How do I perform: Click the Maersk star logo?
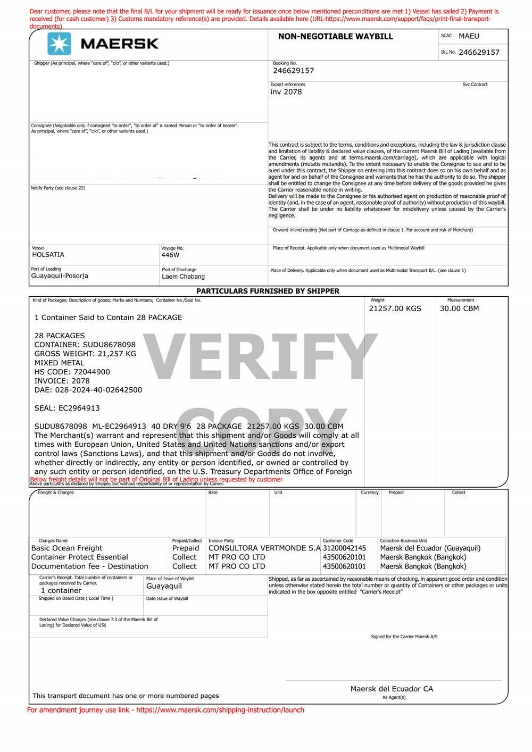pyautogui.click(x=59, y=44)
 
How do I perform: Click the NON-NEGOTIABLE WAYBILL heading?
pyautogui.click(x=335, y=37)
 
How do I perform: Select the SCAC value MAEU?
pyautogui.click(x=469, y=36)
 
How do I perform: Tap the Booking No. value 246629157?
pyautogui.click(x=293, y=71)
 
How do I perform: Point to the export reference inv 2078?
pyautogui.click(x=286, y=92)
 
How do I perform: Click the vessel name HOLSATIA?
pyautogui.click(x=48, y=255)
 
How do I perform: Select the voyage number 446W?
pyautogui.click(x=170, y=255)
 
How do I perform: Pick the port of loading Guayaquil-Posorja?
pyautogui.click(x=60, y=276)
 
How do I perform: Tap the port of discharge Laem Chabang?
pyautogui.click(x=183, y=277)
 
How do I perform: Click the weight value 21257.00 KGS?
pyautogui.click(x=395, y=308)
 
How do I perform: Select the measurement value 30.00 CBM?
pyautogui.click(x=459, y=308)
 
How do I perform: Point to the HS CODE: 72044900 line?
pyautogui.click(x=72, y=372)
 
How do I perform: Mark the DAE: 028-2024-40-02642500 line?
pyautogui.click(x=88, y=390)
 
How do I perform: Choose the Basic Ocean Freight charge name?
pyautogui.click(x=66, y=548)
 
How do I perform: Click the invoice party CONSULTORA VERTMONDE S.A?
pyautogui.click(x=264, y=548)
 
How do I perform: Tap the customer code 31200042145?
pyautogui.click(x=344, y=548)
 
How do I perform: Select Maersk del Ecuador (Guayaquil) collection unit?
pyautogui.click(x=430, y=548)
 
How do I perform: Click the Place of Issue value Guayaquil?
pyautogui.click(x=164, y=586)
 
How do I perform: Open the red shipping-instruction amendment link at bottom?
pyautogui.click(x=165, y=710)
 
